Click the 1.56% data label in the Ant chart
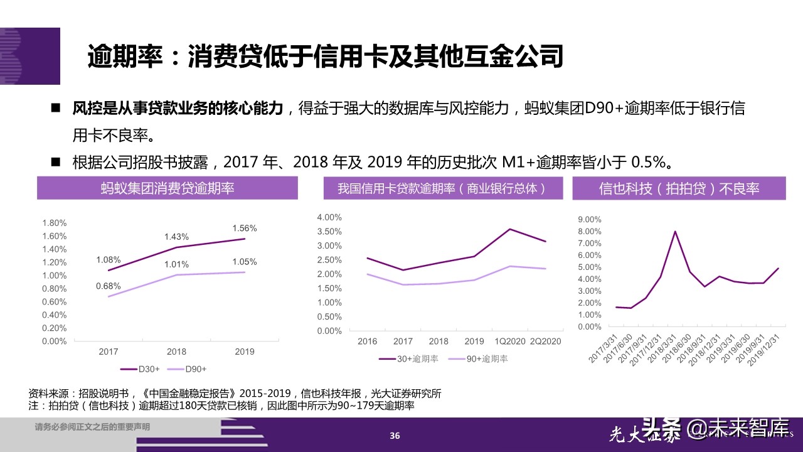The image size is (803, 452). coord(244,228)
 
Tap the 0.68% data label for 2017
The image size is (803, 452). coord(109,286)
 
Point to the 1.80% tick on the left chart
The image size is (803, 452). coord(54,223)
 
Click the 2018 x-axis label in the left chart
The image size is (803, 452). coord(176,352)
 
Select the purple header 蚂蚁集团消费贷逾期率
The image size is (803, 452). coord(167,188)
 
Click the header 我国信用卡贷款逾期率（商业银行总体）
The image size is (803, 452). coord(441,188)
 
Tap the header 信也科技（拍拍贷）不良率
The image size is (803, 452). coord(679,188)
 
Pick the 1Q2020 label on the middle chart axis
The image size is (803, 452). coord(509,342)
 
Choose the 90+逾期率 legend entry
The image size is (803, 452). coord(486,358)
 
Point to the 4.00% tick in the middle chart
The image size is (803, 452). coord(329,217)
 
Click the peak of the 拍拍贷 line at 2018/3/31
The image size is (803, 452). coord(675,231)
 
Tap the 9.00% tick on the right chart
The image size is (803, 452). coord(588,220)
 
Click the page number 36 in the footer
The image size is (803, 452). coord(395,436)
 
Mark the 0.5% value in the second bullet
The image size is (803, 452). coord(646,163)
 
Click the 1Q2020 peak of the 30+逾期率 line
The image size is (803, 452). coord(509,229)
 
